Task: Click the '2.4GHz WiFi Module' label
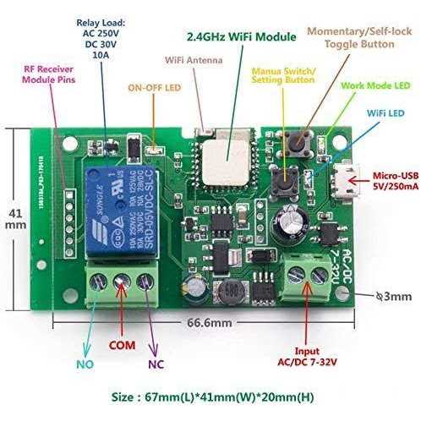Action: tap(242, 37)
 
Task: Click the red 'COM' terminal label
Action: tap(123, 346)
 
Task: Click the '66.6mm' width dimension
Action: tap(206, 323)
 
